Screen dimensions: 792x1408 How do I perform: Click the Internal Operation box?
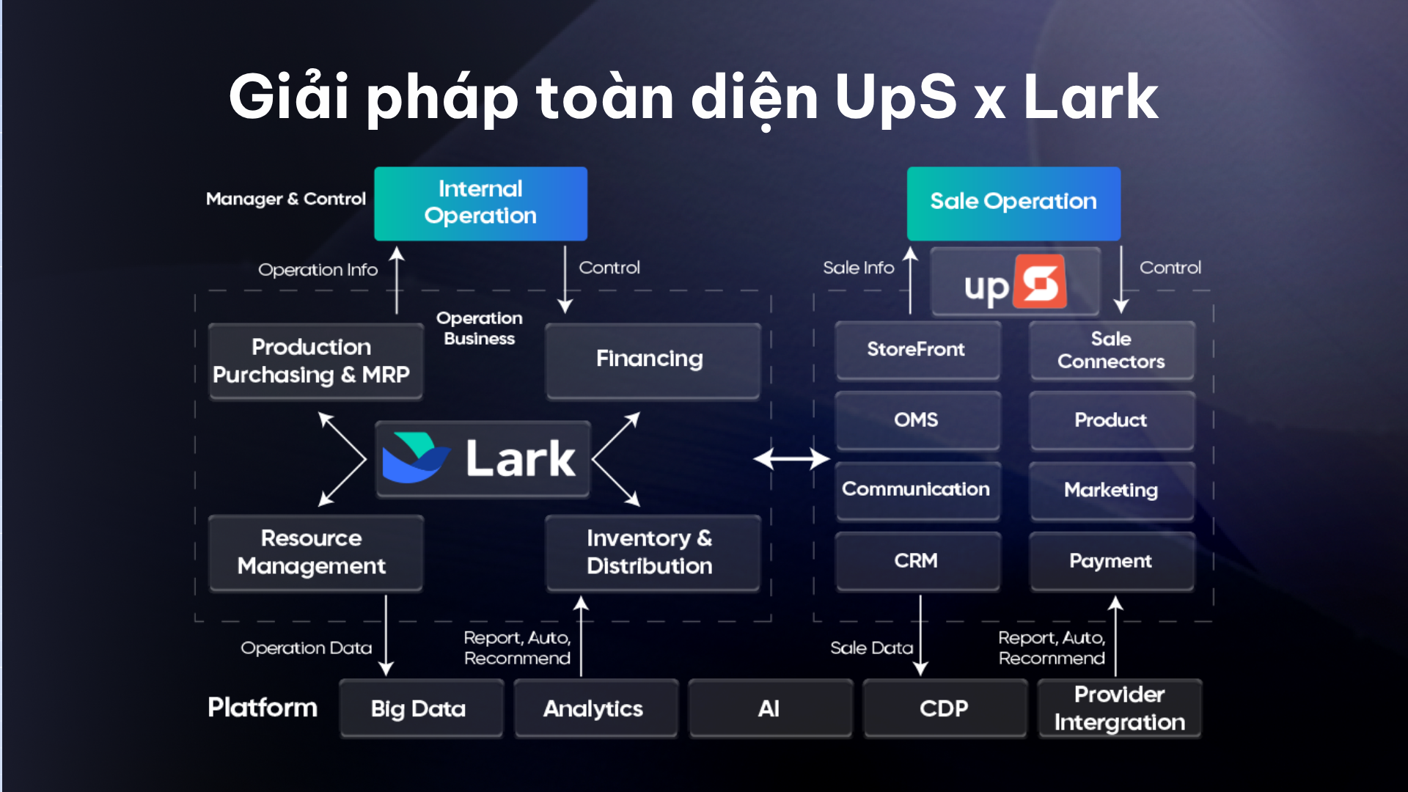click(x=480, y=203)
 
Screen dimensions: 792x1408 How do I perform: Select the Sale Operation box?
click(x=1013, y=203)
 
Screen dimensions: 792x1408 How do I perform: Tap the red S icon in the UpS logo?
click(x=1040, y=282)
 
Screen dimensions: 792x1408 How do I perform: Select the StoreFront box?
click(x=917, y=350)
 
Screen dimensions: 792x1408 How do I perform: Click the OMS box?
click(x=917, y=420)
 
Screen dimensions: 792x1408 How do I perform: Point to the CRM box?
click(x=917, y=561)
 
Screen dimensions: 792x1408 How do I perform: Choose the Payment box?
click(x=1111, y=561)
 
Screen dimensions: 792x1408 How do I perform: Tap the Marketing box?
click(x=1111, y=490)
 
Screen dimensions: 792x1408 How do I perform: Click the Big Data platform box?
click(x=420, y=708)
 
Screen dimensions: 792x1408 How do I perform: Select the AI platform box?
click(x=769, y=708)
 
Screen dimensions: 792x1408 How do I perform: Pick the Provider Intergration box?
click(x=1119, y=708)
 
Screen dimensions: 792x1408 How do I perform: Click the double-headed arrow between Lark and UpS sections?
click(x=791, y=459)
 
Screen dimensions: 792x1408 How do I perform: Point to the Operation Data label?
click(x=306, y=648)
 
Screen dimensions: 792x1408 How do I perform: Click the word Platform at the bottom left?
click(x=263, y=708)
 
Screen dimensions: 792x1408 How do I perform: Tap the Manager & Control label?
click(x=285, y=199)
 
